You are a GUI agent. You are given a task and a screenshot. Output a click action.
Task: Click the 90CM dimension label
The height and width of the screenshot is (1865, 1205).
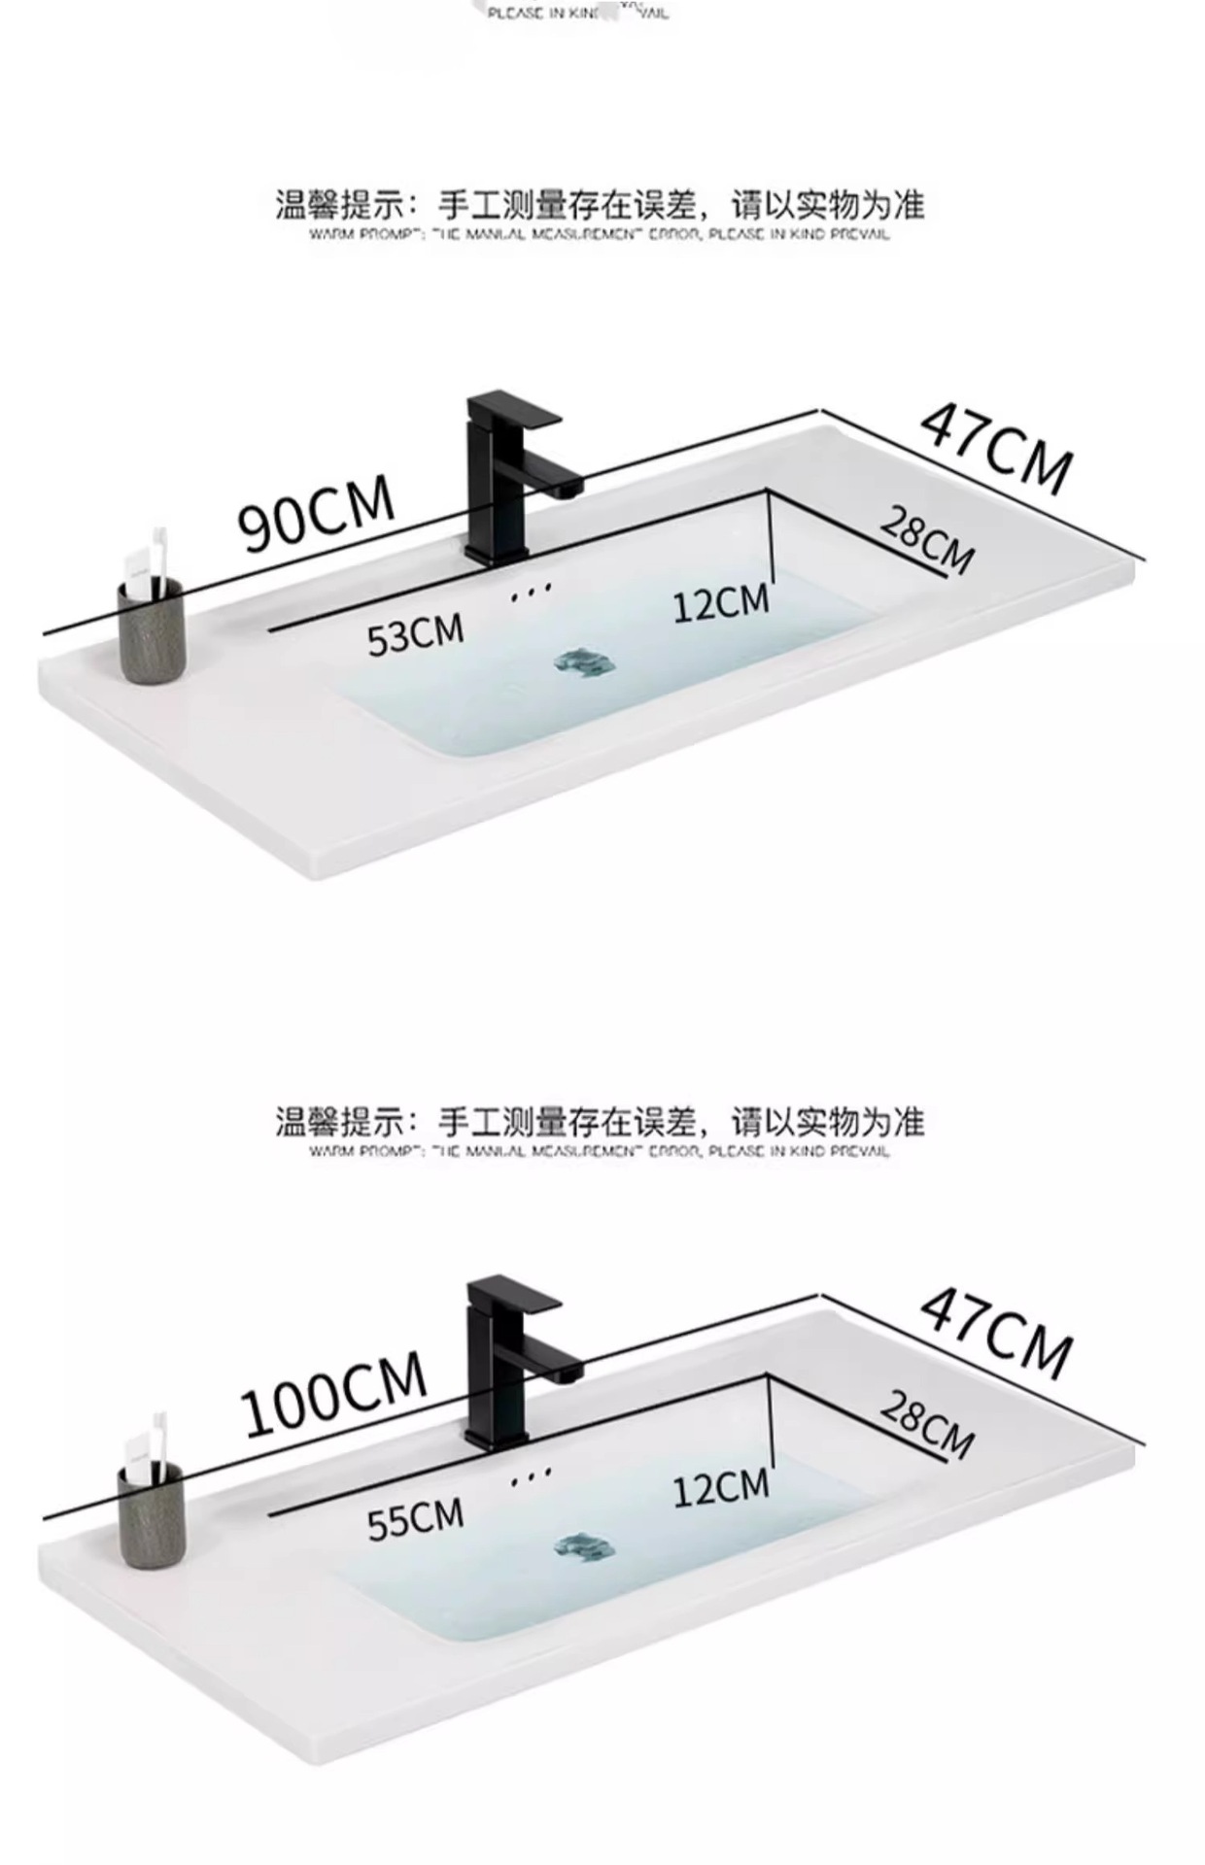tap(316, 513)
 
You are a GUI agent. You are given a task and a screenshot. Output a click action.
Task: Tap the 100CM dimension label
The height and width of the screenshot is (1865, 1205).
tap(333, 1394)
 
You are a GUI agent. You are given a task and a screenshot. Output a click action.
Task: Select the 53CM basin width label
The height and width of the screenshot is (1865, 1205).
tap(415, 634)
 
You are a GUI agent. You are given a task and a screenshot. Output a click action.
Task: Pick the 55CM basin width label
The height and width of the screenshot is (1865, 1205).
tap(415, 1519)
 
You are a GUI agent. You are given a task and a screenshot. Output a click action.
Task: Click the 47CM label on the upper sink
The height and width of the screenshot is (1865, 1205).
tap(996, 448)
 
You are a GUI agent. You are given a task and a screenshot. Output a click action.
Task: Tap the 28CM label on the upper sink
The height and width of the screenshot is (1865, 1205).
tap(926, 541)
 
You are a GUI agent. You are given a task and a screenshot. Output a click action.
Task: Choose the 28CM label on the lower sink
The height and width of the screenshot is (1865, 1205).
tap(926, 1425)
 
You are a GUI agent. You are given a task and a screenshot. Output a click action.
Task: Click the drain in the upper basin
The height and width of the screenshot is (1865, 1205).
tap(584, 664)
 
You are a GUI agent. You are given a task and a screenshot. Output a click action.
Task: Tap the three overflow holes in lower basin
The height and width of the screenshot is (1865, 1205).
tap(531, 1475)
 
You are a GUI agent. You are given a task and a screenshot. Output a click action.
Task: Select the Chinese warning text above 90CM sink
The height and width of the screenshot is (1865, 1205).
tap(599, 206)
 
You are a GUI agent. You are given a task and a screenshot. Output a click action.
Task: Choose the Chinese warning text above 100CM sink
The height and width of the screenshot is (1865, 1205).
tap(599, 1123)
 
